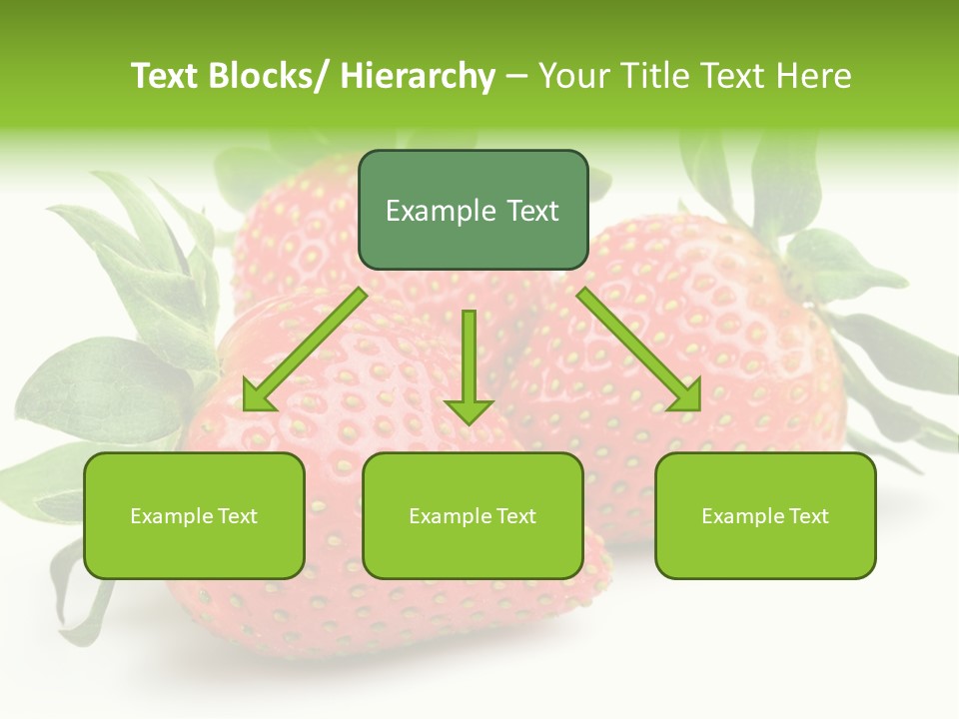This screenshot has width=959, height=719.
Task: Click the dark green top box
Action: coord(473,210)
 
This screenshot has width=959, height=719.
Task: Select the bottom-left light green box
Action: coord(194,515)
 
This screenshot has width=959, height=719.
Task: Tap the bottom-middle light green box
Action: coord(473,515)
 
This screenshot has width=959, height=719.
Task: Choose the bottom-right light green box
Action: coord(765,515)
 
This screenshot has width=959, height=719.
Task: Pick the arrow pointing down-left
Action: coord(305,350)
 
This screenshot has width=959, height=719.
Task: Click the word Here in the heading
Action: coord(817,76)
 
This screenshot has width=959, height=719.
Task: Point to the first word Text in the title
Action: coord(166,76)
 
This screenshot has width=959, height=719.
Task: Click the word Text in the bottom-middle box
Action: coord(512,516)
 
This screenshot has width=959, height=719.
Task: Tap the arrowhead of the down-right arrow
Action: coord(685,396)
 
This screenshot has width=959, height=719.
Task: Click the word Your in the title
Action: coord(574,76)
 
